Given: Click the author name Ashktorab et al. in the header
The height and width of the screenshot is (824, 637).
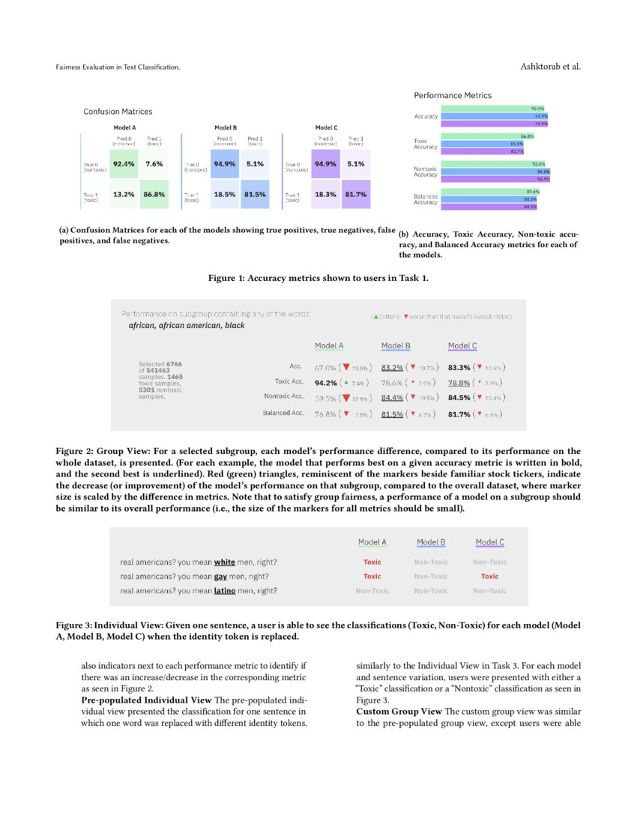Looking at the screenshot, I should pos(550,67).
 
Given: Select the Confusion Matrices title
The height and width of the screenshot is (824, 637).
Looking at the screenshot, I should pos(118,112).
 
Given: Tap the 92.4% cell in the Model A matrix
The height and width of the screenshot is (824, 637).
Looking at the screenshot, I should pos(123,163).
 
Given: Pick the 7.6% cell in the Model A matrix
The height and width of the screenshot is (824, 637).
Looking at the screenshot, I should pos(154,163).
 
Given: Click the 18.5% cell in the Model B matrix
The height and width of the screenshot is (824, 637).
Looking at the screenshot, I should pos(224,194).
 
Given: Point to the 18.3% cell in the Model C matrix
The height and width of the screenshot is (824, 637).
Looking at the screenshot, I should pos(325,194).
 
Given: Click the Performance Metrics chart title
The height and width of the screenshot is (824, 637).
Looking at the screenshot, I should pos(453,96).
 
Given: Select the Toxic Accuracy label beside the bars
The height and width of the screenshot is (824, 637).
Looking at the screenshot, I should pos(426,144).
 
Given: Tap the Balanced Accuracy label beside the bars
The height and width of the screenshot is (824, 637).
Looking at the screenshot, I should pos(426,199).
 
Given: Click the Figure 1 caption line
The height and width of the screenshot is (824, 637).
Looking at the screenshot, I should pos(318,278).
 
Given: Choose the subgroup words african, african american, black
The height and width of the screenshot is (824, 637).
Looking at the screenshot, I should pos(187,326).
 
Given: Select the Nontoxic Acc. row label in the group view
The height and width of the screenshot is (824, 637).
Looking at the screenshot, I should pos(283,396).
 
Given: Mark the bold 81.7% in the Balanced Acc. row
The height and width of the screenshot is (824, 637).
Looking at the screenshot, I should pos(459,413).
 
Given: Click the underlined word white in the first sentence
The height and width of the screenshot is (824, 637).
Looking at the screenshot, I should pos(224,562).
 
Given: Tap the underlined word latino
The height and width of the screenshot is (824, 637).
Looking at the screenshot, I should pos(225,590).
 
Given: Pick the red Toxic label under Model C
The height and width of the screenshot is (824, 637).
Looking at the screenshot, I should pos(489,576).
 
